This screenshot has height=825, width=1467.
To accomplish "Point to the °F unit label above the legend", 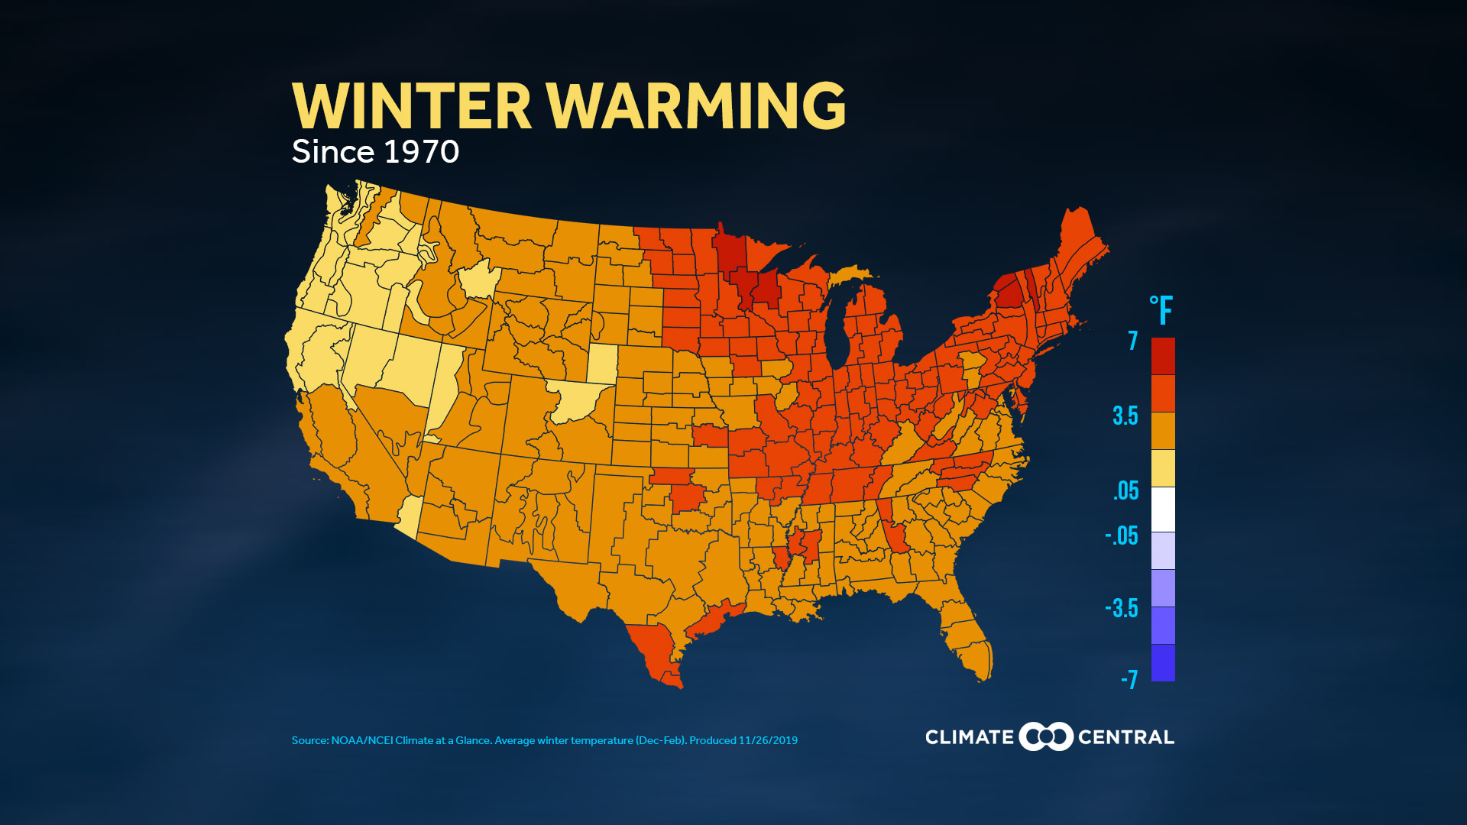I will [1161, 311].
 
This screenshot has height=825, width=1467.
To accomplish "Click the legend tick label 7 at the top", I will [1132, 341].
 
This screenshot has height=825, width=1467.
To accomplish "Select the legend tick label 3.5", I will [1125, 416].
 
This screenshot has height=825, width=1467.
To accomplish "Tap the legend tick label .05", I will [1126, 490].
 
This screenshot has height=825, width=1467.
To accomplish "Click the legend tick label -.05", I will [1122, 536].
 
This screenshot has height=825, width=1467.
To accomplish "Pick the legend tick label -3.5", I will [1122, 609].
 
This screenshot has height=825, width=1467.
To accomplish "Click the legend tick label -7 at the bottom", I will [1129, 679].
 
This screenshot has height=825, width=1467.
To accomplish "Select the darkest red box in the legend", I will [1163, 356].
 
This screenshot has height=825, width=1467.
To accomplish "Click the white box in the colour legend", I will [1163, 509].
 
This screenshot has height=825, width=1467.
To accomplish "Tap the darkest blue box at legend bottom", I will [1163, 662].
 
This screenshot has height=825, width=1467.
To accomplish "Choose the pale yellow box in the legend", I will [1163, 467].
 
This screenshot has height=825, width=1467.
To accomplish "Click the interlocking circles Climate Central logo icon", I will [1046, 736].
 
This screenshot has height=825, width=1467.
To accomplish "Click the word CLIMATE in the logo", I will [969, 737].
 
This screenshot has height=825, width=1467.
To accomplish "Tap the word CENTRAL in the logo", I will [1125, 737].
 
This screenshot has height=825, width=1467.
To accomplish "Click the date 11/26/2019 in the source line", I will [768, 740].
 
